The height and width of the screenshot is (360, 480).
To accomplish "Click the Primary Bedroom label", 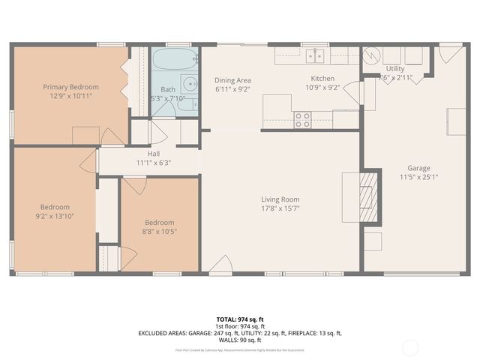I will point(70,87).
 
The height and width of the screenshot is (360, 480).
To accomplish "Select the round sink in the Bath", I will point(190,84).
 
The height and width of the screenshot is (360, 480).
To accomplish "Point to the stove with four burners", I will point(302,119).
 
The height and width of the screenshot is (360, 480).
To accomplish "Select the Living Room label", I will point(280,199).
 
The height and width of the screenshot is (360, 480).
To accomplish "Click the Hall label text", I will point(154,154).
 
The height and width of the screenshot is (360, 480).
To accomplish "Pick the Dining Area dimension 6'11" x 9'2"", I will point(232,89).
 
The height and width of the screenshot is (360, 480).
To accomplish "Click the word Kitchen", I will point(323,79).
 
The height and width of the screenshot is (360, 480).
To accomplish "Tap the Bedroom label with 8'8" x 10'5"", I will point(159,223).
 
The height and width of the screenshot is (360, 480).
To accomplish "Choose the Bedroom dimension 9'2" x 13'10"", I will point(55,216).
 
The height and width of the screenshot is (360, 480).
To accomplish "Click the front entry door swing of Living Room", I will point(220,264).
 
